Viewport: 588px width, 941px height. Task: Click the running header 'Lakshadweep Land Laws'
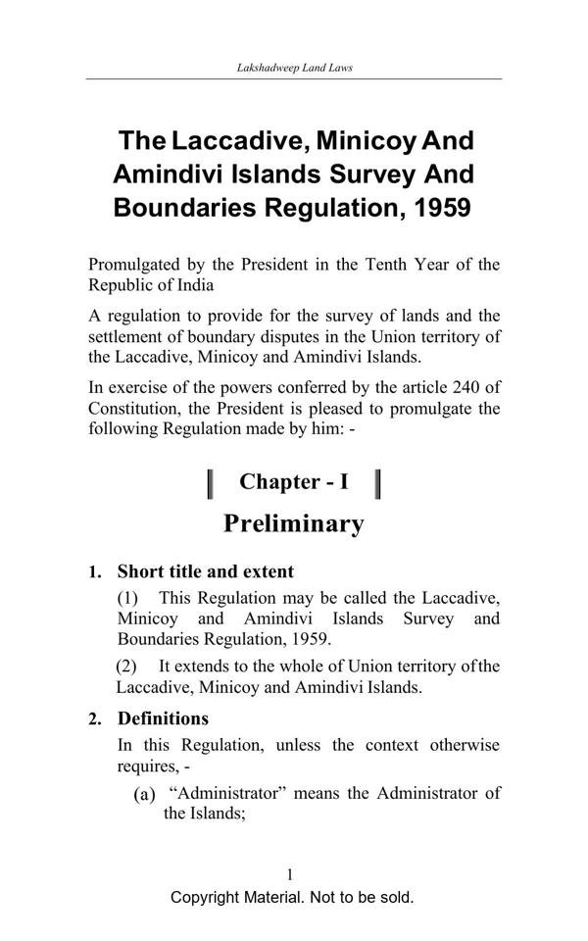[294, 69]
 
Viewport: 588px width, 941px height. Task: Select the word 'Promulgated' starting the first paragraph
[132, 265]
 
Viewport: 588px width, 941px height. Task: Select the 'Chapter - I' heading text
[293, 481]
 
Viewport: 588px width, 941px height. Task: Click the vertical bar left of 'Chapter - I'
[211, 483]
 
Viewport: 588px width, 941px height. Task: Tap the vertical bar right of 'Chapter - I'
[378, 483]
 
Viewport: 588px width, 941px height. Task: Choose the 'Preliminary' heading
[293, 523]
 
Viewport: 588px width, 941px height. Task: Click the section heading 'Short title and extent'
[206, 571]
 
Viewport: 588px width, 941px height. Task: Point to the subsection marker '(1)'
[129, 597]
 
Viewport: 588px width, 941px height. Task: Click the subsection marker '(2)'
[127, 667]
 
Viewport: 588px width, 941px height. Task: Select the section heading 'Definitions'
[163, 718]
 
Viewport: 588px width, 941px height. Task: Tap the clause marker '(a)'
[145, 794]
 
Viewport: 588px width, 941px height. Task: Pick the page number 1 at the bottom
[291, 874]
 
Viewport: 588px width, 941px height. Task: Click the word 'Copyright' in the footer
[208, 897]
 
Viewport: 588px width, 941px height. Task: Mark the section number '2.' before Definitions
[95, 719]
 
